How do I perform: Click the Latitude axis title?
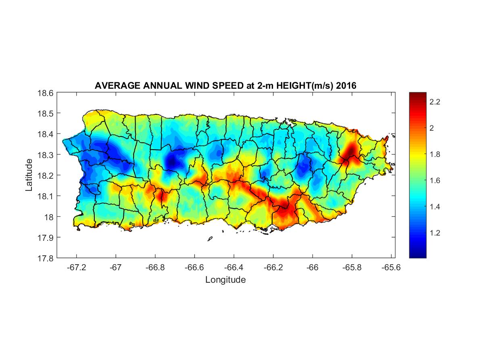click(x=29, y=175)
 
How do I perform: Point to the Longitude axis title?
click(x=225, y=280)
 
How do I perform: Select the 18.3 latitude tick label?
click(x=46, y=154)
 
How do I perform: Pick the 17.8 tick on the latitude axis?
click(x=46, y=258)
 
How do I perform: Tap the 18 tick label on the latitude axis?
click(x=49, y=217)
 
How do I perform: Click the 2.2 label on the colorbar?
click(x=434, y=102)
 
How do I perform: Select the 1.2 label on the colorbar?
click(x=434, y=233)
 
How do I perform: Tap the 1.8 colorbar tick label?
click(x=434, y=154)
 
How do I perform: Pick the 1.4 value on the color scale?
click(x=434, y=207)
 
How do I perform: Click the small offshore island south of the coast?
click(x=210, y=239)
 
